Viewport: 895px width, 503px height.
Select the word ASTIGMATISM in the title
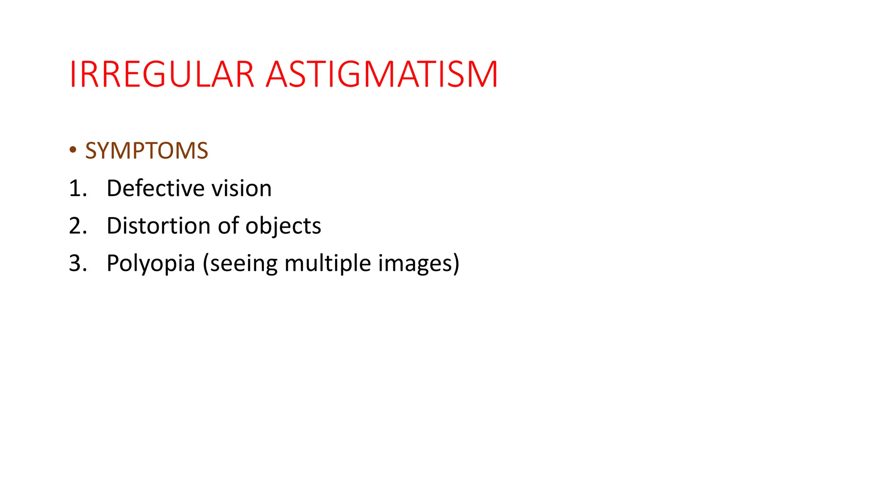click(382, 75)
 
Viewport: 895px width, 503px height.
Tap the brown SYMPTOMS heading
click(146, 151)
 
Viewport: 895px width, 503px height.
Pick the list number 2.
click(77, 226)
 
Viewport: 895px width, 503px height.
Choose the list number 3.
click(77, 264)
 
